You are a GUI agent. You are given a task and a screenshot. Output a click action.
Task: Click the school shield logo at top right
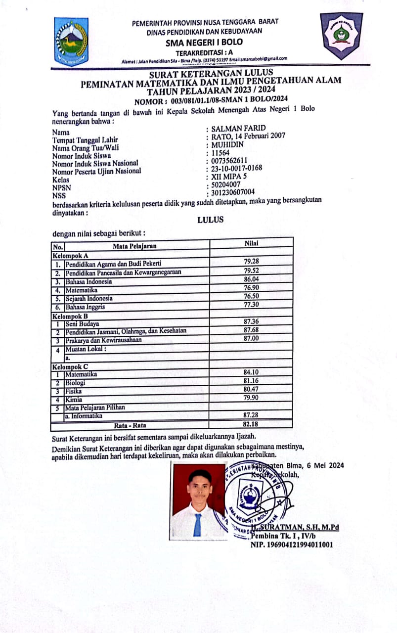click(341, 35)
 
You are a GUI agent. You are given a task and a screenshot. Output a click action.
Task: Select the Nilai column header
click(252, 243)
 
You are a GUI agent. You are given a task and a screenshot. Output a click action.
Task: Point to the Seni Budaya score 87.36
click(252, 321)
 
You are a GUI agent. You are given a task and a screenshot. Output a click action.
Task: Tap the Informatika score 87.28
click(252, 415)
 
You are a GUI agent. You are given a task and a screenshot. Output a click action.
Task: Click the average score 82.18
click(252, 424)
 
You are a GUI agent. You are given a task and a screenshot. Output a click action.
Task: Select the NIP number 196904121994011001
click(292, 545)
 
